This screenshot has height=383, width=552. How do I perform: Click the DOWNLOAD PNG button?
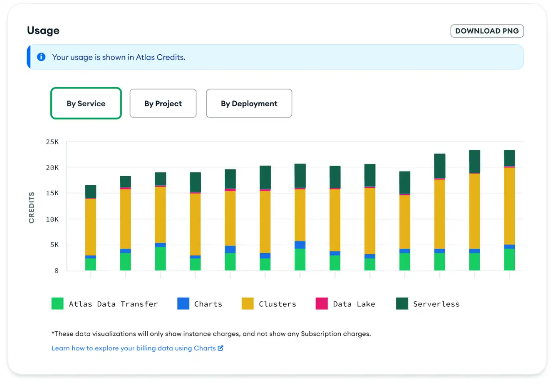click(487, 31)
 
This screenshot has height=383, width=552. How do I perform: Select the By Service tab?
click(86, 104)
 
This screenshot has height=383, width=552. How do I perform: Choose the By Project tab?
click(163, 104)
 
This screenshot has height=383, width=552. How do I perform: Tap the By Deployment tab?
click(249, 104)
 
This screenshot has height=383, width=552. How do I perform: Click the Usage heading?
click(43, 31)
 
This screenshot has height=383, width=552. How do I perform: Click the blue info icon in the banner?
click(41, 57)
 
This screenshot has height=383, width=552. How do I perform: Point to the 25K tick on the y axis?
click(52, 142)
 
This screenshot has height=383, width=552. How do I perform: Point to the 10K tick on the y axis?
click(52, 219)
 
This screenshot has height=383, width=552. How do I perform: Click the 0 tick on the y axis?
click(56, 271)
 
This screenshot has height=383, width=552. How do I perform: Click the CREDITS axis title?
click(32, 207)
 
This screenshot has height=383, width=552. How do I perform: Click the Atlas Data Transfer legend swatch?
click(58, 303)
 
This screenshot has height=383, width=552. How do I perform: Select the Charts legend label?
click(208, 304)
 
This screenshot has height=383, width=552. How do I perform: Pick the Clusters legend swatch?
click(248, 303)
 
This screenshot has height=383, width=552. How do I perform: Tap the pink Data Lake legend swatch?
click(322, 303)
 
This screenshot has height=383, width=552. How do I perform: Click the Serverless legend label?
click(436, 304)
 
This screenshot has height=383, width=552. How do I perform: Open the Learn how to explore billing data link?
click(133, 348)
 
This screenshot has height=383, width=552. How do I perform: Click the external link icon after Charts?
click(220, 348)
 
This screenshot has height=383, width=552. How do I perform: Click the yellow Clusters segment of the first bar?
click(91, 227)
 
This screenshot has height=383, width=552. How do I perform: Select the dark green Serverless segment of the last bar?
click(509, 158)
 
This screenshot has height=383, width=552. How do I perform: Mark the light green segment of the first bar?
click(91, 264)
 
